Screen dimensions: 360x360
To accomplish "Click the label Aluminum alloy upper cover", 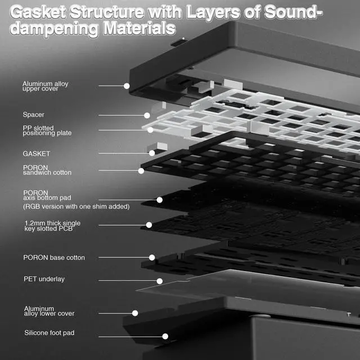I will pyautogui.click(x=45, y=86).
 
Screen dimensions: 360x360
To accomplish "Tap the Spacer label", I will pyautogui.click(x=33, y=115).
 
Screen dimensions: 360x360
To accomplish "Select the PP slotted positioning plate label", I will pyautogui.click(x=47, y=130).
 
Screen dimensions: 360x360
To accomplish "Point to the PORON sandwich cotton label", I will pyautogui.click(x=47, y=170).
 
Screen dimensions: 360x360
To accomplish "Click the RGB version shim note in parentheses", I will pyautogui.click(x=76, y=206).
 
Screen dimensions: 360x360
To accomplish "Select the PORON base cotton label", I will pyautogui.click(x=54, y=258).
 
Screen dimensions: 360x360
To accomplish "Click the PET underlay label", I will pyautogui.click(x=44, y=278).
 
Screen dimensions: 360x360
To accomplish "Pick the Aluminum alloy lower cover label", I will pyautogui.click(x=49, y=311).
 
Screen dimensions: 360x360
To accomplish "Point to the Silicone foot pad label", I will pyautogui.click(x=49, y=333).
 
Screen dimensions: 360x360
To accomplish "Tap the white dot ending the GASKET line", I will pyautogui.click(x=152, y=153).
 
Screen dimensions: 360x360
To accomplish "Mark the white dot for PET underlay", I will pyautogui.click(x=160, y=281).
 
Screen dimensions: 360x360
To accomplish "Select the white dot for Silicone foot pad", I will pyautogui.click(x=165, y=336).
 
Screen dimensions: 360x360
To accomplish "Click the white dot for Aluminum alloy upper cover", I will pyautogui.click(x=127, y=86).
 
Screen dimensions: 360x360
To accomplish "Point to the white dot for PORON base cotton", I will pyautogui.click(x=152, y=258).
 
